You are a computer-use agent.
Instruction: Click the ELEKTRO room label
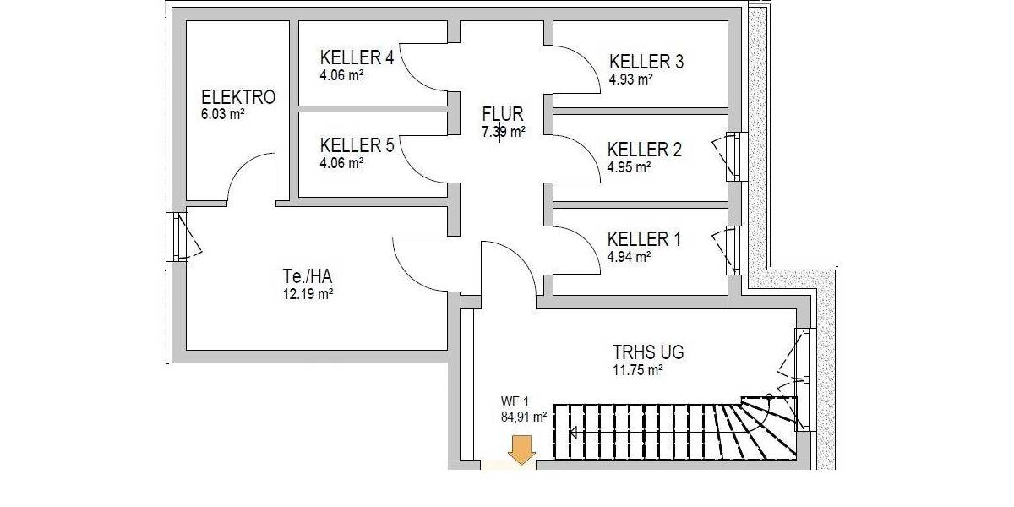pyautogui.click(x=237, y=97)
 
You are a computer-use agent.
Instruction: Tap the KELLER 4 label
pyautogui.click(x=357, y=57)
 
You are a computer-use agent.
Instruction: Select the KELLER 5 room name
pyautogui.click(x=357, y=145)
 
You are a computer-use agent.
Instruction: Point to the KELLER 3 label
pyautogui.click(x=646, y=62)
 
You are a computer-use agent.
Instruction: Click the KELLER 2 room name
pyautogui.click(x=644, y=150)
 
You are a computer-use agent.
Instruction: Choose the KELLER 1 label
pyautogui.click(x=644, y=239)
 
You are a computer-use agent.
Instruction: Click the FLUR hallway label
pyautogui.click(x=503, y=114)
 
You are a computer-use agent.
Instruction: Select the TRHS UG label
pyautogui.click(x=648, y=352)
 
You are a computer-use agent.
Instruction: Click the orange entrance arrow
pyautogui.click(x=522, y=450)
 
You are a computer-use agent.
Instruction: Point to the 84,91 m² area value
pyautogui.click(x=524, y=416)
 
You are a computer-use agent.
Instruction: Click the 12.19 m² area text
pyautogui.click(x=307, y=294)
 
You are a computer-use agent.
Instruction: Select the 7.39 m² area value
pyautogui.click(x=503, y=132)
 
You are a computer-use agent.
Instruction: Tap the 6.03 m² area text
pyautogui.click(x=222, y=114)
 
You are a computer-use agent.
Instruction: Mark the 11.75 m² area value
pyautogui.click(x=637, y=370)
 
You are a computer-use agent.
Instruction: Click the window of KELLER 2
pyautogui.click(x=733, y=155)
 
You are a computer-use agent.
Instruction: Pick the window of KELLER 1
pyautogui.click(x=733, y=250)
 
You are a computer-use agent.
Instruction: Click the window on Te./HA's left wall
pyautogui.click(x=179, y=236)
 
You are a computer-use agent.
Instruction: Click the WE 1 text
pyautogui.click(x=515, y=401)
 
